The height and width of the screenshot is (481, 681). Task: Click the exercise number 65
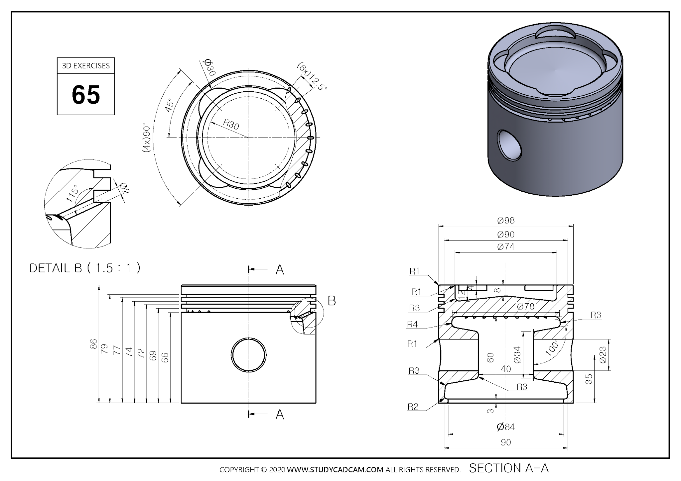pyautogui.click(x=86, y=95)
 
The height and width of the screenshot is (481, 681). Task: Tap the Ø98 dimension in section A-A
pyautogui.click(x=506, y=221)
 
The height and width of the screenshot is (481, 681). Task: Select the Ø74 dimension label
pyautogui.click(x=506, y=247)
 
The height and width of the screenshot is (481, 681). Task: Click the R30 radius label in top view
pyautogui.click(x=231, y=125)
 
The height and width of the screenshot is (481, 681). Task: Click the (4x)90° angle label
pyautogui.click(x=147, y=139)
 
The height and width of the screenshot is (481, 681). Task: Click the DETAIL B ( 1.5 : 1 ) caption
pyautogui.click(x=85, y=268)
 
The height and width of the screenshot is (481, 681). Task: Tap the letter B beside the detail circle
pyautogui.click(x=332, y=301)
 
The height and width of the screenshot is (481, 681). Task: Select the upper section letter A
pyautogui.click(x=280, y=270)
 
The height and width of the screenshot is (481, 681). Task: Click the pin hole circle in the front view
pyautogui.click(x=249, y=355)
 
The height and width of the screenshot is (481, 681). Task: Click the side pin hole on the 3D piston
pyautogui.click(x=509, y=145)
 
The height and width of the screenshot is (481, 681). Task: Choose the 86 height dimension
pyautogui.click(x=93, y=344)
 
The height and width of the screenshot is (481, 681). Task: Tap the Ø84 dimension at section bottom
pyautogui.click(x=506, y=427)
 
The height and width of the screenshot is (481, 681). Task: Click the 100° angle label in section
pyautogui.click(x=552, y=348)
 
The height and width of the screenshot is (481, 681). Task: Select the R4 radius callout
pyautogui.click(x=412, y=325)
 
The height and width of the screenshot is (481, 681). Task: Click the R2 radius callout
pyautogui.click(x=413, y=407)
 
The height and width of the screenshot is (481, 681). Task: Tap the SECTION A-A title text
pyautogui.click(x=509, y=468)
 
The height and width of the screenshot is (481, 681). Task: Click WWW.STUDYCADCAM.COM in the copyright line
pyautogui.click(x=335, y=470)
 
